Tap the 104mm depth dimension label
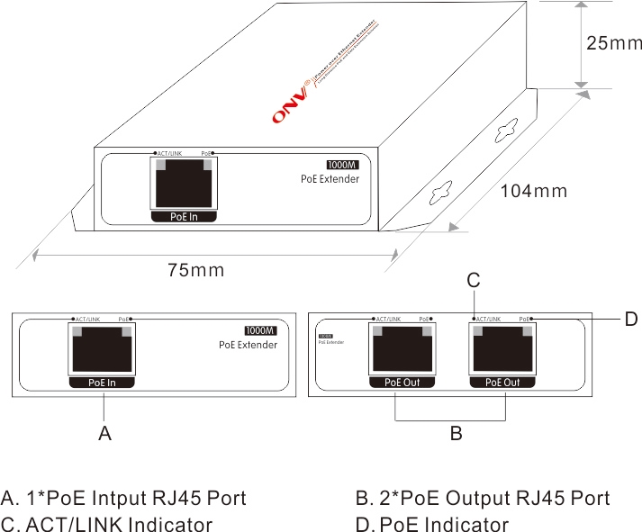[534, 191]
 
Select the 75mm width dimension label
[196, 269]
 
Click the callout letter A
[104, 433]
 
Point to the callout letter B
[456, 433]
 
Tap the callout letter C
[473, 281]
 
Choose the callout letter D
[630, 319]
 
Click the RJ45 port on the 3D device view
[184, 185]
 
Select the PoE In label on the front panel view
[102, 383]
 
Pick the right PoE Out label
[502, 383]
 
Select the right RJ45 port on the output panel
[503, 351]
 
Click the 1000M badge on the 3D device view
[342, 166]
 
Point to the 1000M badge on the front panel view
[260, 330]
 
